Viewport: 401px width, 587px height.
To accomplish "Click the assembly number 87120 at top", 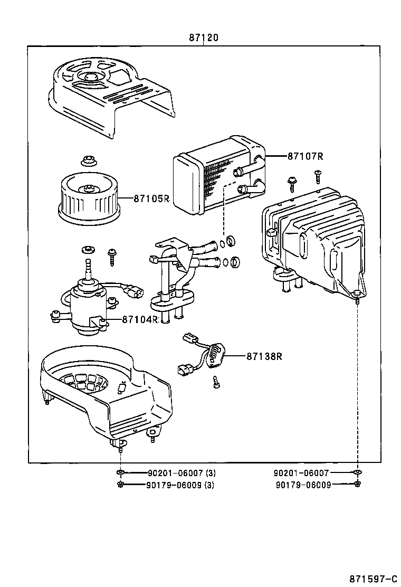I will pos(204,38).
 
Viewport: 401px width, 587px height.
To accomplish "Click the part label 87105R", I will pos(151,198).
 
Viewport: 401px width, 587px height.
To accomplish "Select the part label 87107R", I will pos(305,156).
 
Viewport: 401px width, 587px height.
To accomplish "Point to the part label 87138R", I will pos(263,356).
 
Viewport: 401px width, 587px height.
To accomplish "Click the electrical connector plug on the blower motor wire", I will pos(133,290).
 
